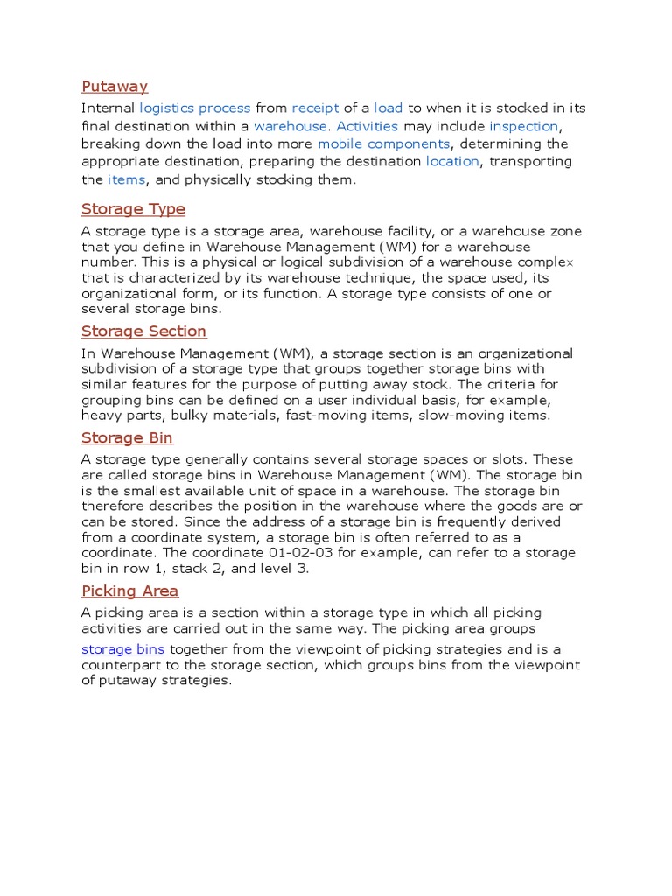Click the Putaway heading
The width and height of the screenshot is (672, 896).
tap(115, 86)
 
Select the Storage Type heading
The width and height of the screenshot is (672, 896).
tap(133, 209)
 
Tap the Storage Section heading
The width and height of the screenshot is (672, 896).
tap(143, 332)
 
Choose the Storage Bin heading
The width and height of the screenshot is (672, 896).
tap(127, 437)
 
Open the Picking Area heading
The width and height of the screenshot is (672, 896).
tap(129, 591)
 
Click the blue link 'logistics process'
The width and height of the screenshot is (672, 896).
tap(195, 108)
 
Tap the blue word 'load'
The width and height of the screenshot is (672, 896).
tap(388, 108)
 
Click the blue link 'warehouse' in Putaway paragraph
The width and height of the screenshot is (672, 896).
tap(290, 126)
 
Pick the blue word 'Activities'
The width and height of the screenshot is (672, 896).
tap(367, 126)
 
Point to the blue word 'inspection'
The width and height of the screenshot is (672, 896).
tap(523, 126)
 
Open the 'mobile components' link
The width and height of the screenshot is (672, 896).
tap(383, 143)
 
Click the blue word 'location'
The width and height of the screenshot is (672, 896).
tap(452, 162)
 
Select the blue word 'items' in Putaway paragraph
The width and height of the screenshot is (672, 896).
tap(127, 179)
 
